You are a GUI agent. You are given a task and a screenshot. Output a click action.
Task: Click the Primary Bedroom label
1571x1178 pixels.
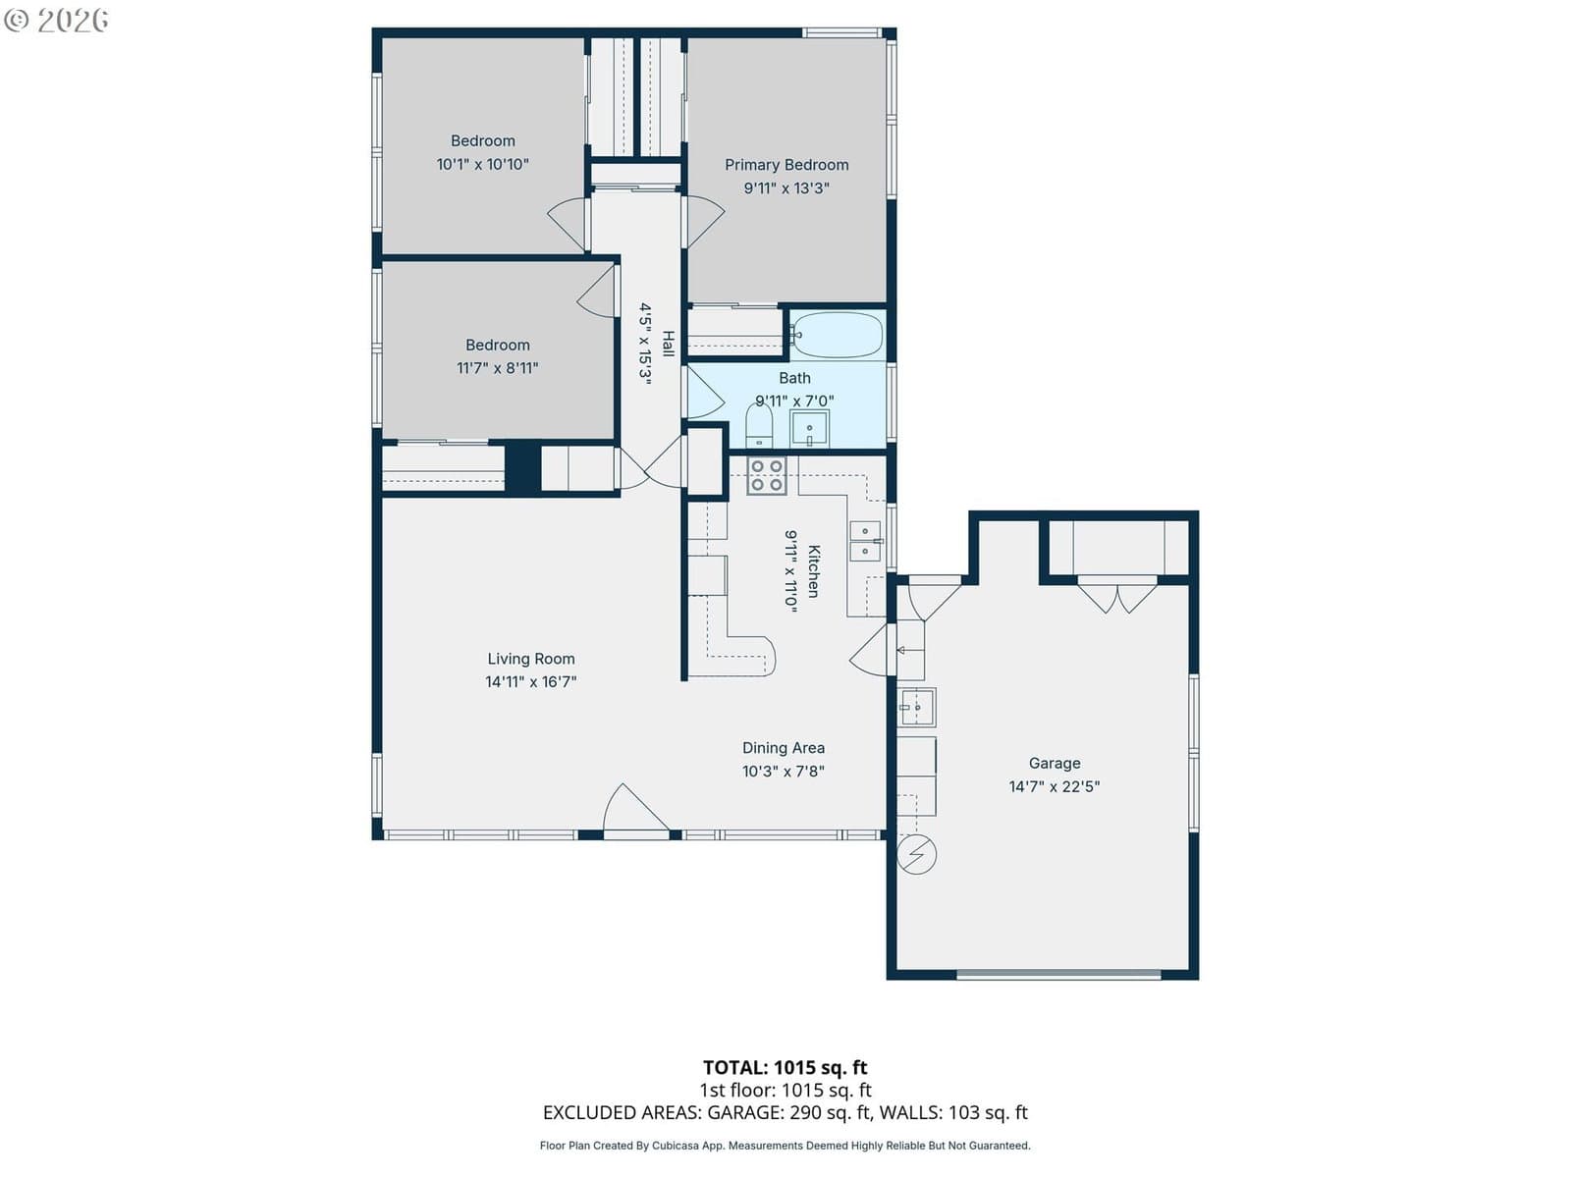(x=785, y=165)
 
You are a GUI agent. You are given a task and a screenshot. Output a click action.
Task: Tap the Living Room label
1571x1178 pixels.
(x=530, y=658)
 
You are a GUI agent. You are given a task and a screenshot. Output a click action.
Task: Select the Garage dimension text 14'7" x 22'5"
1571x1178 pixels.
(x=1054, y=786)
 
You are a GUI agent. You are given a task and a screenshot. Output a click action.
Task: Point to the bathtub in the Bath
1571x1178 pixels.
(x=837, y=334)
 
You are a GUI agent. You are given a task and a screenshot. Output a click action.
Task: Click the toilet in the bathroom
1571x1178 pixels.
(x=759, y=425)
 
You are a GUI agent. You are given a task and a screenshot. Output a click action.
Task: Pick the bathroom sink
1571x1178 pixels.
(x=809, y=428)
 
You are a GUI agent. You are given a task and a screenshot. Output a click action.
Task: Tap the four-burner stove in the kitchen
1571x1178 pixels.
(x=766, y=476)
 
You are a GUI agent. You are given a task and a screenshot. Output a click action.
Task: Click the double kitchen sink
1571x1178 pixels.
(x=865, y=541)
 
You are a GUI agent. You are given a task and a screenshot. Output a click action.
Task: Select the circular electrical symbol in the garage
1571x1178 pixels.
(x=916, y=854)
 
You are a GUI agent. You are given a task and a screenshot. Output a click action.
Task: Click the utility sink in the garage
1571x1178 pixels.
(x=916, y=707)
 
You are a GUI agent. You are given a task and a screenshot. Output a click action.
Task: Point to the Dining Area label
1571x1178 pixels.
(x=783, y=747)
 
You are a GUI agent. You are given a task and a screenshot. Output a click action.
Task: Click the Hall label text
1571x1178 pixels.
(x=667, y=344)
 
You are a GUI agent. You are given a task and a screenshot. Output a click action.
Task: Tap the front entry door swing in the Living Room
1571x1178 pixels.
(x=635, y=808)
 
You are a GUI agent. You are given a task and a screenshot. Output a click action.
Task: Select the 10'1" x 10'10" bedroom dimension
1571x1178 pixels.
(x=482, y=164)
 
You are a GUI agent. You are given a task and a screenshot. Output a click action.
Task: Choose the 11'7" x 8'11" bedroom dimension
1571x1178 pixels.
(x=498, y=367)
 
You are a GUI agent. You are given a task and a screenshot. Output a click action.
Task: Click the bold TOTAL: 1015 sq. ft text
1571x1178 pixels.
(x=785, y=1067)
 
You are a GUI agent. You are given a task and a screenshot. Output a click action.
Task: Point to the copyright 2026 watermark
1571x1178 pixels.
(x=56, y=20)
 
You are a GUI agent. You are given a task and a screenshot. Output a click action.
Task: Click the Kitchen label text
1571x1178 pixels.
(x=814, y=570)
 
